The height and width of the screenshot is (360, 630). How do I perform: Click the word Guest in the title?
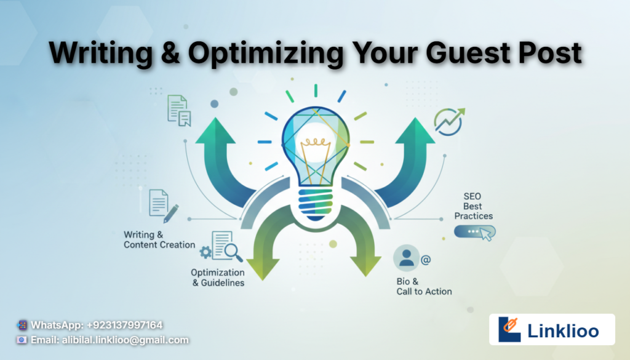468,53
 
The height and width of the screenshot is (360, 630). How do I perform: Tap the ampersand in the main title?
170,53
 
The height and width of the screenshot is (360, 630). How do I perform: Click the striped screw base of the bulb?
316,204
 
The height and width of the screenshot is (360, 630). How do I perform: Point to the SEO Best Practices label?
473,206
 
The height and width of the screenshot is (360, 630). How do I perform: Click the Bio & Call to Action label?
424,287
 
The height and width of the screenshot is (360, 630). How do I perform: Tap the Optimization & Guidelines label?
218,278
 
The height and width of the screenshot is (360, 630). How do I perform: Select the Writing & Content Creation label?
159,240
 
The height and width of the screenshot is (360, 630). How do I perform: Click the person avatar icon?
406,258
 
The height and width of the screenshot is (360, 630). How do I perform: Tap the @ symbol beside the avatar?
426,260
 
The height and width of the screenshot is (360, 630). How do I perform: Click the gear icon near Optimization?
205,252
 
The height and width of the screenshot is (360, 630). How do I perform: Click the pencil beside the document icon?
171,214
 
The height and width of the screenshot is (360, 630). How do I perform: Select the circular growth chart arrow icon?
449,121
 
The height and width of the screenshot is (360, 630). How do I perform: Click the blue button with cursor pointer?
474,232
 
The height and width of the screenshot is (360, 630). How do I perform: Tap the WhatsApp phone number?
124,325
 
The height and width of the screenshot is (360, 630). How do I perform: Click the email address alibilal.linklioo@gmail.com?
126,340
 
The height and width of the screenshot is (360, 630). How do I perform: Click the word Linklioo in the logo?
563,330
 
